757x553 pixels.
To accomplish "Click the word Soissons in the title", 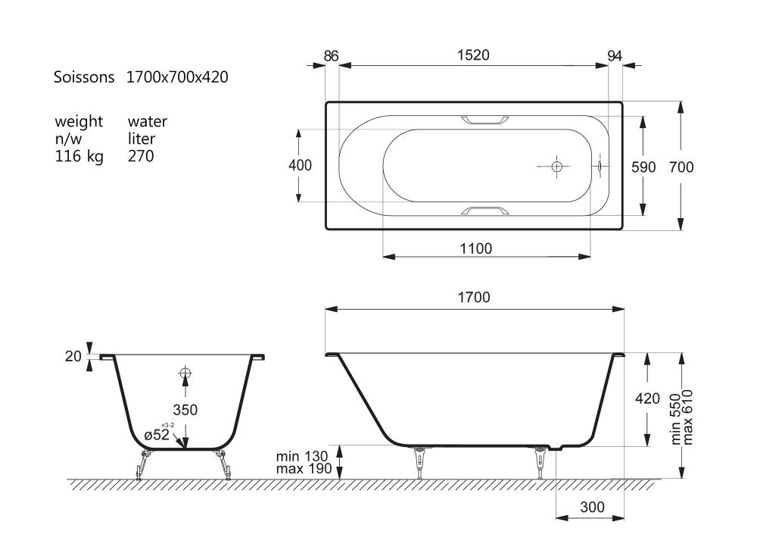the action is point(84,77).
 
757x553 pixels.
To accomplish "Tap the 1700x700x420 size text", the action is point(177,77).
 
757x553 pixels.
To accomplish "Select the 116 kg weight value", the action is point(79,157).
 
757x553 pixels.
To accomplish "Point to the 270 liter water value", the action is point(141,156).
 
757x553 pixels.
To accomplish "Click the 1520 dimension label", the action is point(473,55).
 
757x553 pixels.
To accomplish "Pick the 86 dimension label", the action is point(332,56).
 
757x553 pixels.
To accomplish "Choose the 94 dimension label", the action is point(615,56).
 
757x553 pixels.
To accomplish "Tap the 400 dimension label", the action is point(301,165).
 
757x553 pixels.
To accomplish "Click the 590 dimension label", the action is point(643,167).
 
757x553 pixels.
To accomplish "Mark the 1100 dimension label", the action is point(476,248).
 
